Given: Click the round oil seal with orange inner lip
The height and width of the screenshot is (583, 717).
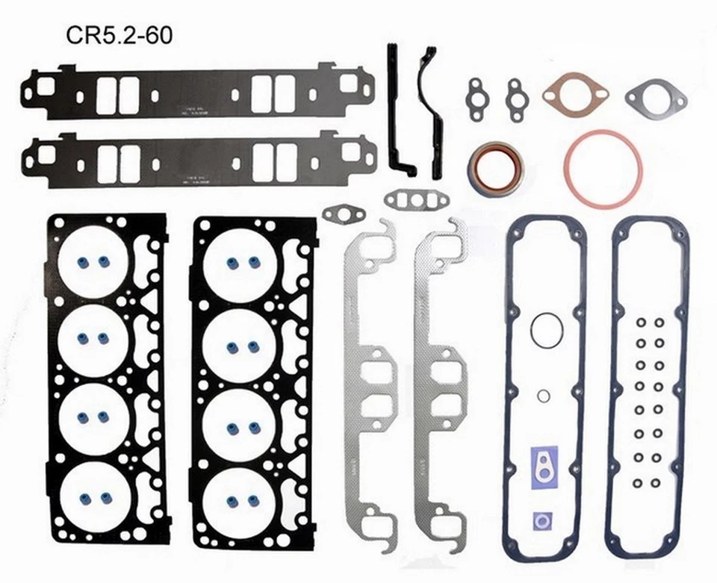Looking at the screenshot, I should coord(495,169).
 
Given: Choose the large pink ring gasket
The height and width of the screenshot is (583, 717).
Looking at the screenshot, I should coord(603,169).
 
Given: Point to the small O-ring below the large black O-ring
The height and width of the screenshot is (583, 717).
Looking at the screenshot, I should coord(544,396).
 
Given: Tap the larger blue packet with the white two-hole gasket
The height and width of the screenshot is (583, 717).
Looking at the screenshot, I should coord(544,467).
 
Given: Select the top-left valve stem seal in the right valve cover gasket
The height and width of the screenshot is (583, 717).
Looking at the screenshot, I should coord(640,322).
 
